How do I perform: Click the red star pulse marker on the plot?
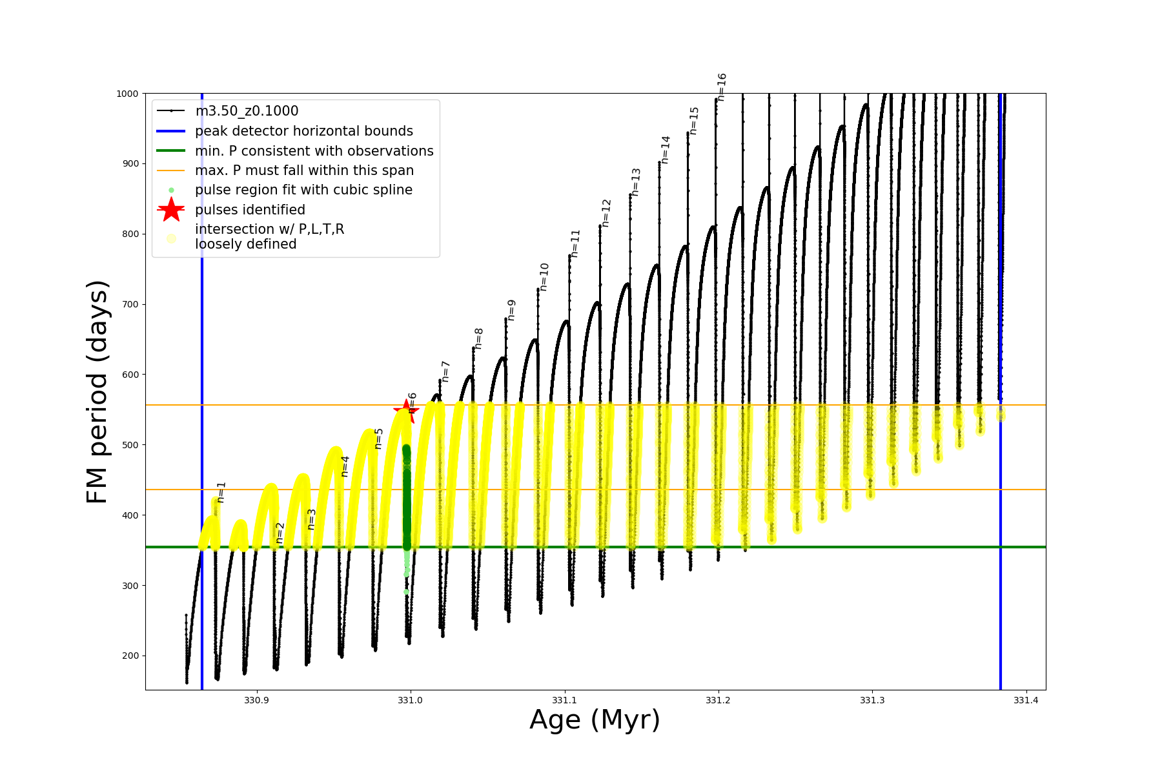(x=406, y=411)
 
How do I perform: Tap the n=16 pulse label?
(x=722, y=87)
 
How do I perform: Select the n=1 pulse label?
(x=221, y=491)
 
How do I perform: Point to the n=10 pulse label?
(x=544, y=276)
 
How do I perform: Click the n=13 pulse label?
(x=636, y=181)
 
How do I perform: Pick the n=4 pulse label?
(x=345, y=466)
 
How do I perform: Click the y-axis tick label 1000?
(x=127, y=94)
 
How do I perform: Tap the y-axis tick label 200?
(x=130, y=656)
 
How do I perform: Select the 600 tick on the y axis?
(x=130, y=375)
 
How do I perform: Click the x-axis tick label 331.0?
(x=410, y=701)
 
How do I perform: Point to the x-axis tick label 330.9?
(x=256, y=701)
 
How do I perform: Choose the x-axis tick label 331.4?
(x=1026, y=701)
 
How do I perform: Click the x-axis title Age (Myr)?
(x=595, y=720)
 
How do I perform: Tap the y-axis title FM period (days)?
(x=97, y=391)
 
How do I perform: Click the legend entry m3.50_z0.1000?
(x=247, y=111)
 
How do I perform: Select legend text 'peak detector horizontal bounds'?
(x=304, y=131)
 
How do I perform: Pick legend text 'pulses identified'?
(x=250, y=210)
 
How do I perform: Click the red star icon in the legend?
(x=171, y=210)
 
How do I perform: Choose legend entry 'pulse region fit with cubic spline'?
(x=303, y=190)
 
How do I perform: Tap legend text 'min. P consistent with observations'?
(x=314, y=151)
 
